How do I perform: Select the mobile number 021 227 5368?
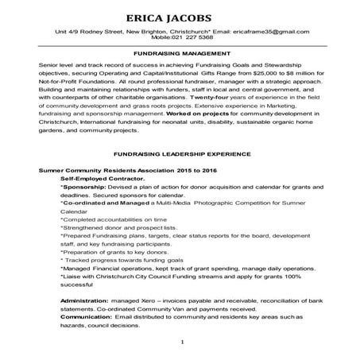(x=195, y=37)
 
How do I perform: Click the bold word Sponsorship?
(x=85, y=188)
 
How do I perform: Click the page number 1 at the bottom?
(x=182, y=343)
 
